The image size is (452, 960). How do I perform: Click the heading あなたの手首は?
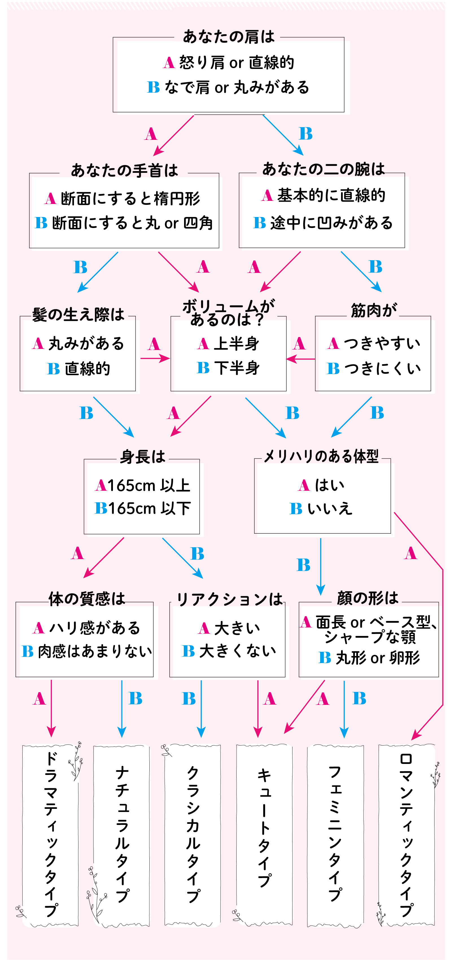[124, 171]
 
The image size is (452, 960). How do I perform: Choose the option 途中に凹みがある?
[331, 223]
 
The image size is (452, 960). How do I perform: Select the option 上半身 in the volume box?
[236, 344]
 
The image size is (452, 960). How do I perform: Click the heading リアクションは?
[229, 599]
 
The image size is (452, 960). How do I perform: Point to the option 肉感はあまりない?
[95, 651]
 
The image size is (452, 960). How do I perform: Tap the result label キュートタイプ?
[264, 827]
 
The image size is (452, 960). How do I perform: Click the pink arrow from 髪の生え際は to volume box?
[154, 359]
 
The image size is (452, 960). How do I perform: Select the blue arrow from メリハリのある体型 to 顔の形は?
[320, 566]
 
